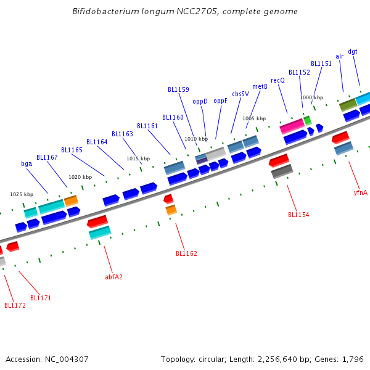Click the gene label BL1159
178,89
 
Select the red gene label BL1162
186,253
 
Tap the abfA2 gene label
113,277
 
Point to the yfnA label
360,192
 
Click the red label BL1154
298,215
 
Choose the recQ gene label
277,80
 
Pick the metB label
260,86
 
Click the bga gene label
27,163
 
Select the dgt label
353,51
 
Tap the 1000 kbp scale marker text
311,97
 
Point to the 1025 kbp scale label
21,194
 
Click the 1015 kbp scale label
138,158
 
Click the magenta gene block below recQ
292,126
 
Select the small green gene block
307,120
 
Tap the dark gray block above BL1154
282,171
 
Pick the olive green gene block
348,105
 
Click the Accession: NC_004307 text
47,359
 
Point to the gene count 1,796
353,359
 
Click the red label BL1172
15,305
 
